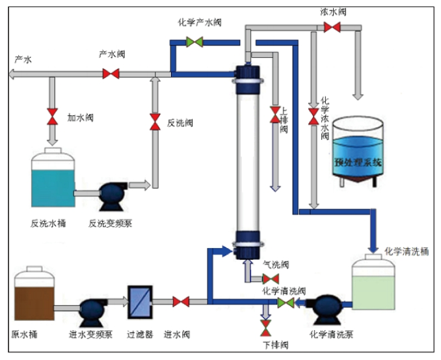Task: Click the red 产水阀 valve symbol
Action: tap(111, 74)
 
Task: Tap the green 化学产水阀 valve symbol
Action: tap(194, 42)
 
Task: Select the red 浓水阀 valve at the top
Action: tap(332, 27)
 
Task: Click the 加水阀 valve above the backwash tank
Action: tap(52, 117)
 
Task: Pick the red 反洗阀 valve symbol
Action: tap(155, 122)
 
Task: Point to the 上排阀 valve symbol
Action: tap(275, 115)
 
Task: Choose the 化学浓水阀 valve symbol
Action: tap(314, 117)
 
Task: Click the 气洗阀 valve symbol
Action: tap(271, 279)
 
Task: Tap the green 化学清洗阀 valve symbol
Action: tap(286, 303)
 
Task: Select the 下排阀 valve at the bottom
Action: tap(265, 328)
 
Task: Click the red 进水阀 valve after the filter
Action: tap(181, 301)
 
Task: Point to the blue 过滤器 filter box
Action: tap(140, 302)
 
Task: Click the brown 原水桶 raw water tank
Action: tap(34, 294)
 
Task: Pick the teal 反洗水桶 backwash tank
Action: tap(53, 178)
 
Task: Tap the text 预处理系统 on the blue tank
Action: tap(358, 162)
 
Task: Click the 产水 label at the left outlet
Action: tap(23, 59)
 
